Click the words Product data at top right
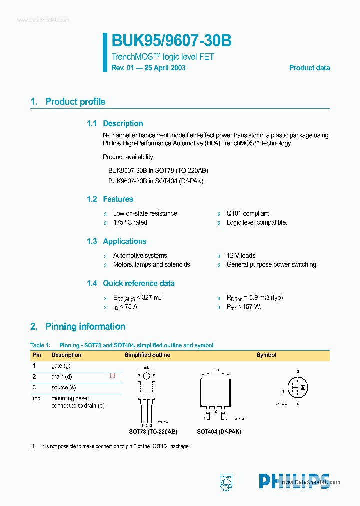pyautogui.click(x=309, y=68)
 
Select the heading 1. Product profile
pyautogui.click(x=68, y=102)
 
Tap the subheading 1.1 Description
pyautogui.click(x=115, y=124)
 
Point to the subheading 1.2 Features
pyautogui.click(x=110, y=199)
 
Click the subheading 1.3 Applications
pyautogui.click(x=116, y=241)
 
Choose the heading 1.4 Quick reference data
pyautogui.click(x=130, y=283)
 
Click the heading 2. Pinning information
pyautogui.click(x=77, y=327)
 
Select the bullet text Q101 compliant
pyautogui.click(x=247, y=213)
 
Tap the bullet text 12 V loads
pyautogui.click(x=241, y=255)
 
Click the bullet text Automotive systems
pyautogui.click(x=140, y=255)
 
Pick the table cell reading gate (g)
pyautogui.click(x=61, y=366)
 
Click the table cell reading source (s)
pyautogui.click(x=64, y=387)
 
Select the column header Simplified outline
pyautogui.click(x=147, y=355)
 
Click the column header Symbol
pyautogui.click(x=266, y=355)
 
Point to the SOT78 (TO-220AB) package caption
pyautogui.click(x=153, y=431)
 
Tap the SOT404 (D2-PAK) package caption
pyautogui.click(x=219, y=431)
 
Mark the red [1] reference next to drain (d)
pyautogui.click(x=113, y=375)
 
